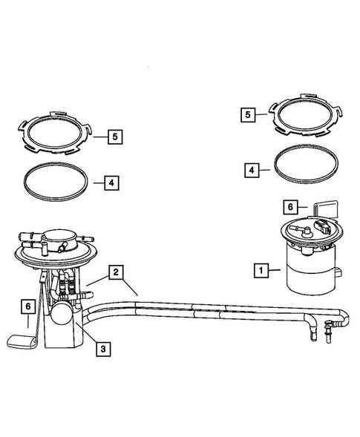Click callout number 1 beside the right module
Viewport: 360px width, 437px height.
coord(260,271)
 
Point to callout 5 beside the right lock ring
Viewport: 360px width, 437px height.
coord(249,115)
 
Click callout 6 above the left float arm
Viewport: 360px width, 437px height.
coord(27,306)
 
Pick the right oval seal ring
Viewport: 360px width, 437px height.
coord(307,167)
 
